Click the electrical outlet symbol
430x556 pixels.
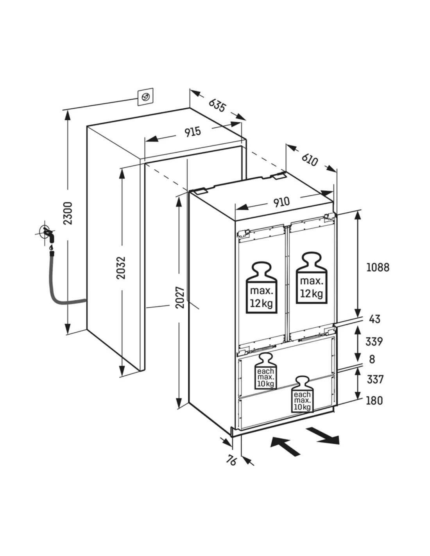tap(145, 97)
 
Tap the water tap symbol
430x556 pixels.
tap(48, 234)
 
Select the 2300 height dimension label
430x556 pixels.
tap(68, 213)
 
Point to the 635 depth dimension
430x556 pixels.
tap(217, 104)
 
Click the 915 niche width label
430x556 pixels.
tap(193, 132)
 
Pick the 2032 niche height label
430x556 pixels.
tap(121, 267)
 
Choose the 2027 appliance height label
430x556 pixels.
tap(180, 297)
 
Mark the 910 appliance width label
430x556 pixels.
tap(281, 202)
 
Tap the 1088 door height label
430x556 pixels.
tap(378, 267)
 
